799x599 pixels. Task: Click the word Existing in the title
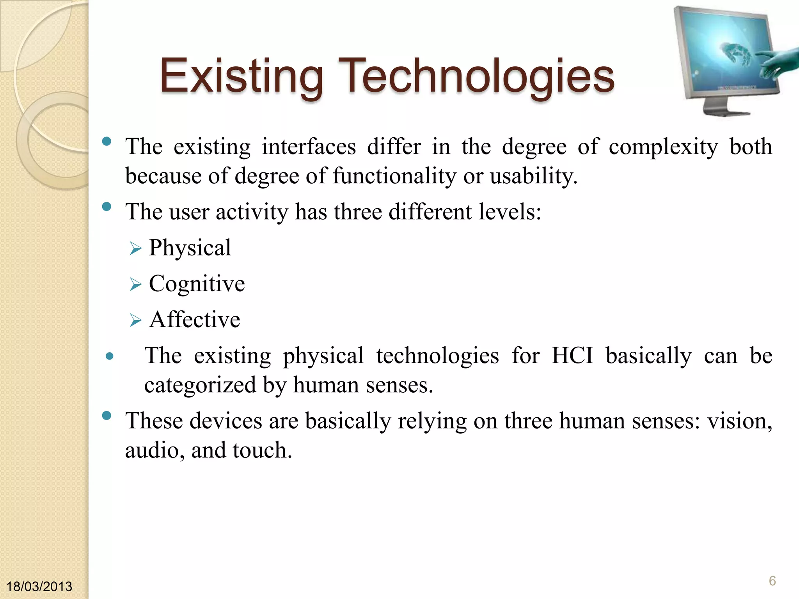tap(241, 76)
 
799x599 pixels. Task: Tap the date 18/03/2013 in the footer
tap(39, 587)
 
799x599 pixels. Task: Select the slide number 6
tap(772, 581)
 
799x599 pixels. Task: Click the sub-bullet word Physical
tap(190, 248)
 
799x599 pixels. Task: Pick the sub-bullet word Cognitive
tap(197, 284)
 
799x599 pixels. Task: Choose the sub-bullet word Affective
tap(195, 319)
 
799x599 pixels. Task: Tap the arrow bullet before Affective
tap(135, 321)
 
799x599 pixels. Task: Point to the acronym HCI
tap(572, 356)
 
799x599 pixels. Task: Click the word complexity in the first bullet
tap(663, 147)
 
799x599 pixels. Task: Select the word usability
tap(533, 176)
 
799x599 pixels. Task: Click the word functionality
tap(394, 176)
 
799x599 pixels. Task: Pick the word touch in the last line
tap(262, 450)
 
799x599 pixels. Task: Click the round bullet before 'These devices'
tap(106, 416)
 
